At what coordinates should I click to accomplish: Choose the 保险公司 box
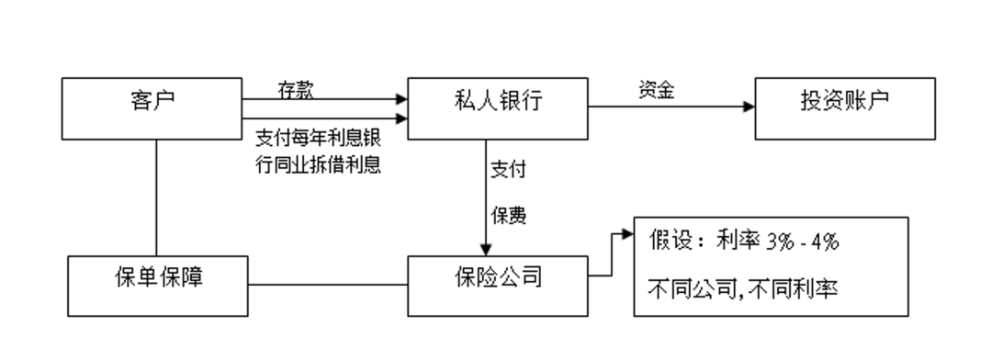click(498, 276)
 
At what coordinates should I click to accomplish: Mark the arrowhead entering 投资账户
click(749, 107)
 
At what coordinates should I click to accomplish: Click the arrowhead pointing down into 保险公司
click(487, 248)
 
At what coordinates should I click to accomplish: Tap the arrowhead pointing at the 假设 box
click(628, 234)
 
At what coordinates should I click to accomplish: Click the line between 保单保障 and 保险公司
click(327, 286)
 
